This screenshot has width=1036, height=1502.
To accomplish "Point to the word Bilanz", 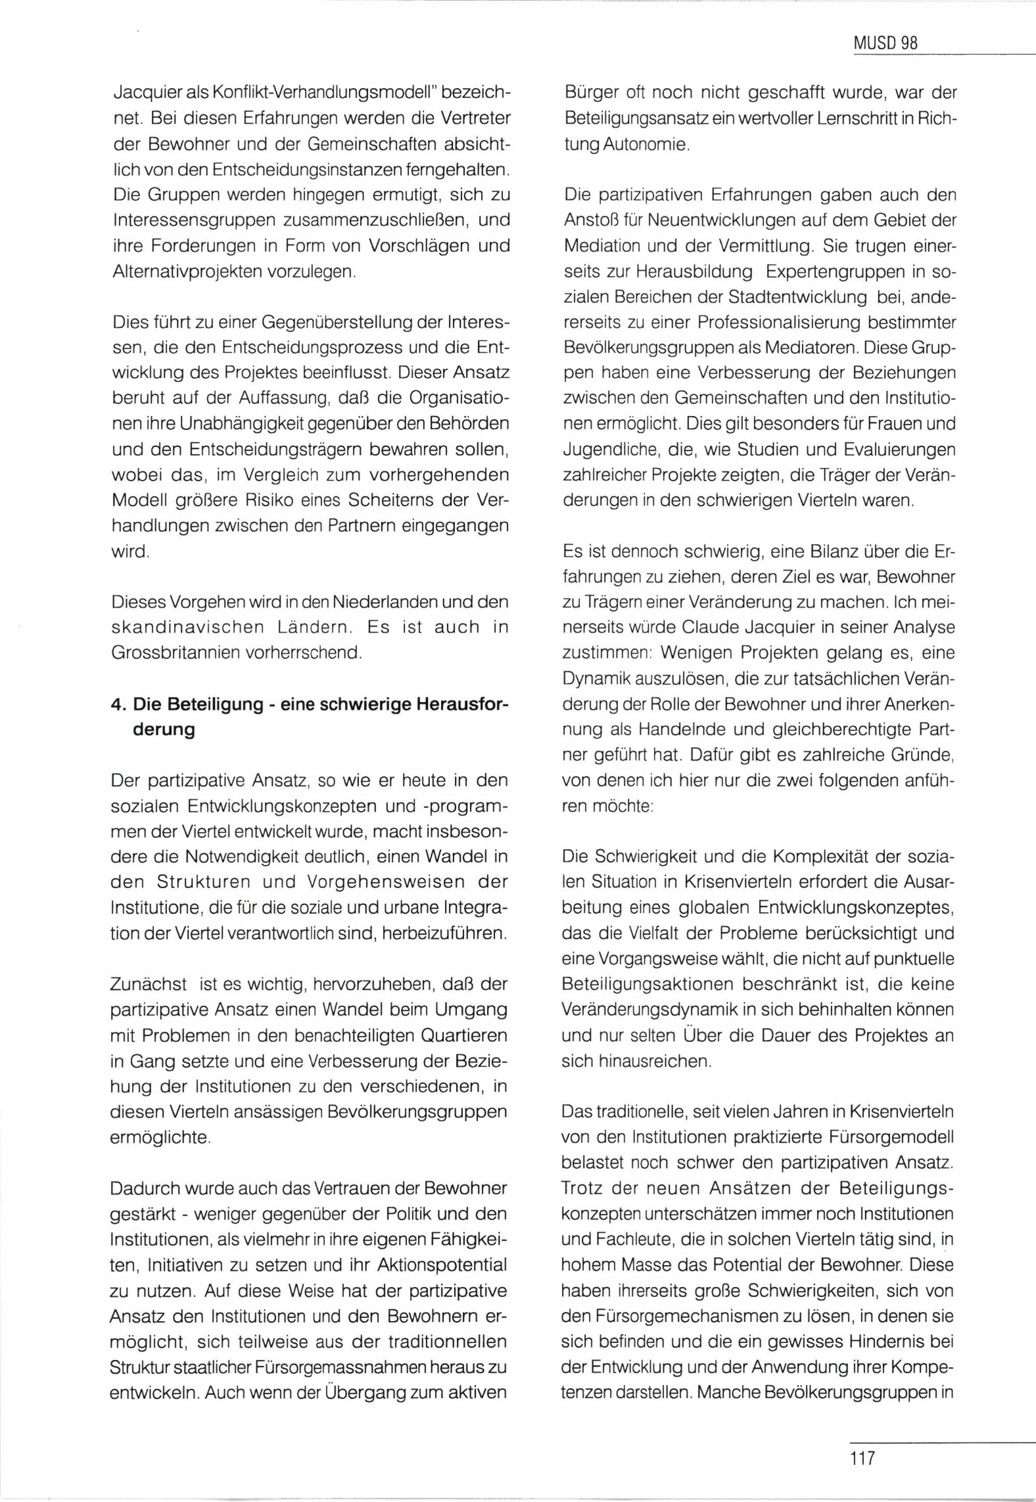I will [824, 552].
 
